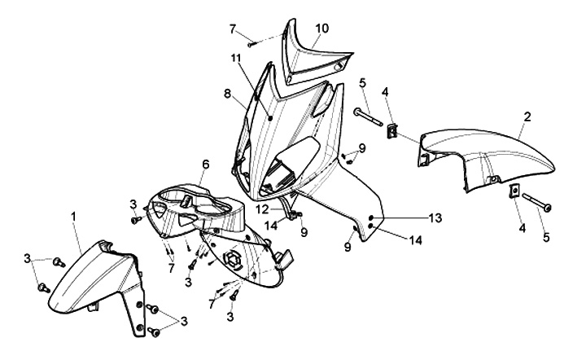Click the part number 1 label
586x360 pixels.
tap(74, 216)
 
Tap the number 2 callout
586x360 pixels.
tap(527, 116)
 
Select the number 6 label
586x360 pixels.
tap(206, 164)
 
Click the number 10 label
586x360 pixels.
tap(322, 29)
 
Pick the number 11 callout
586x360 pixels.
tap(235, 59)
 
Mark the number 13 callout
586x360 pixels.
tap(435, 217)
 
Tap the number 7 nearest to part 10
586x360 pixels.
tap(233, 29)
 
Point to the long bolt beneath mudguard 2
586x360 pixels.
tap(534, 202)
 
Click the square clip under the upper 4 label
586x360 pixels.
tap(392, 130)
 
